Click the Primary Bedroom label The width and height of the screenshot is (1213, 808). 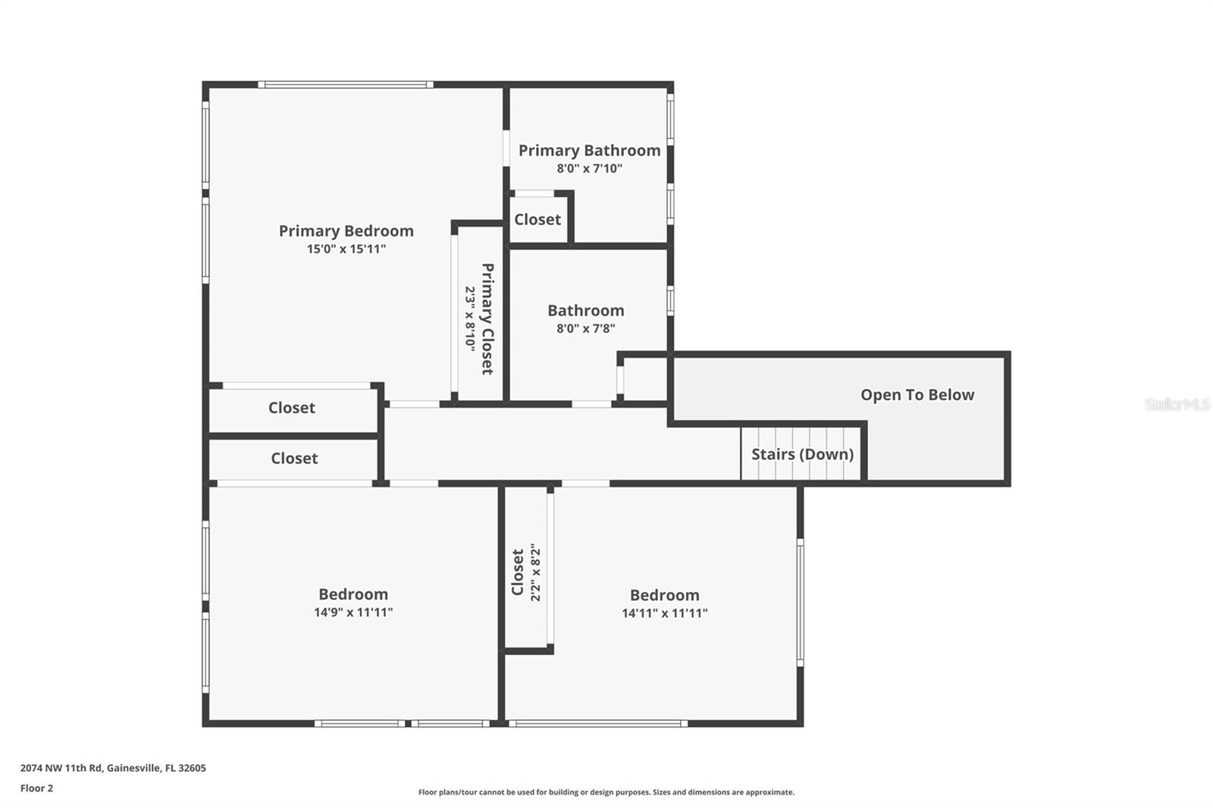346,231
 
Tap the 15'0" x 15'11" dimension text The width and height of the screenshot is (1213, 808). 346,249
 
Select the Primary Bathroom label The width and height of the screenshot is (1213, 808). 589,151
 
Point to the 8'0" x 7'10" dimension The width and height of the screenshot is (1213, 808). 589,169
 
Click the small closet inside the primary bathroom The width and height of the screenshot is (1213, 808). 538,220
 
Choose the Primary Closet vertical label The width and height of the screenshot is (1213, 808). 487,318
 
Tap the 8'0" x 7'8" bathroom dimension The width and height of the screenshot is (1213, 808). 585,329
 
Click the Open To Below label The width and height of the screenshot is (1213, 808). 917,395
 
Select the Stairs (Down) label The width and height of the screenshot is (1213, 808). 802,454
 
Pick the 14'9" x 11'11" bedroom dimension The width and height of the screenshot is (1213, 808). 353,612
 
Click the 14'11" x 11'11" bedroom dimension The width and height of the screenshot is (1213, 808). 664,613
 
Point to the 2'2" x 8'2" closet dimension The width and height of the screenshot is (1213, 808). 536,572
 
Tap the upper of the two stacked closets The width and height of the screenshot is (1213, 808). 292,408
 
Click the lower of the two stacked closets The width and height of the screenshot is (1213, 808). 294,459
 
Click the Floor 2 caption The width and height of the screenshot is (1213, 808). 36,788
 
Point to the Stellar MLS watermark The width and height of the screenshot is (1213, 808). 1177,405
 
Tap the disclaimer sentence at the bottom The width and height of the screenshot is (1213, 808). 606,792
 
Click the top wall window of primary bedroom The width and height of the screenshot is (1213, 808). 345,85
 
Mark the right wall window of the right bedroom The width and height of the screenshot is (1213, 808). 800,603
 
